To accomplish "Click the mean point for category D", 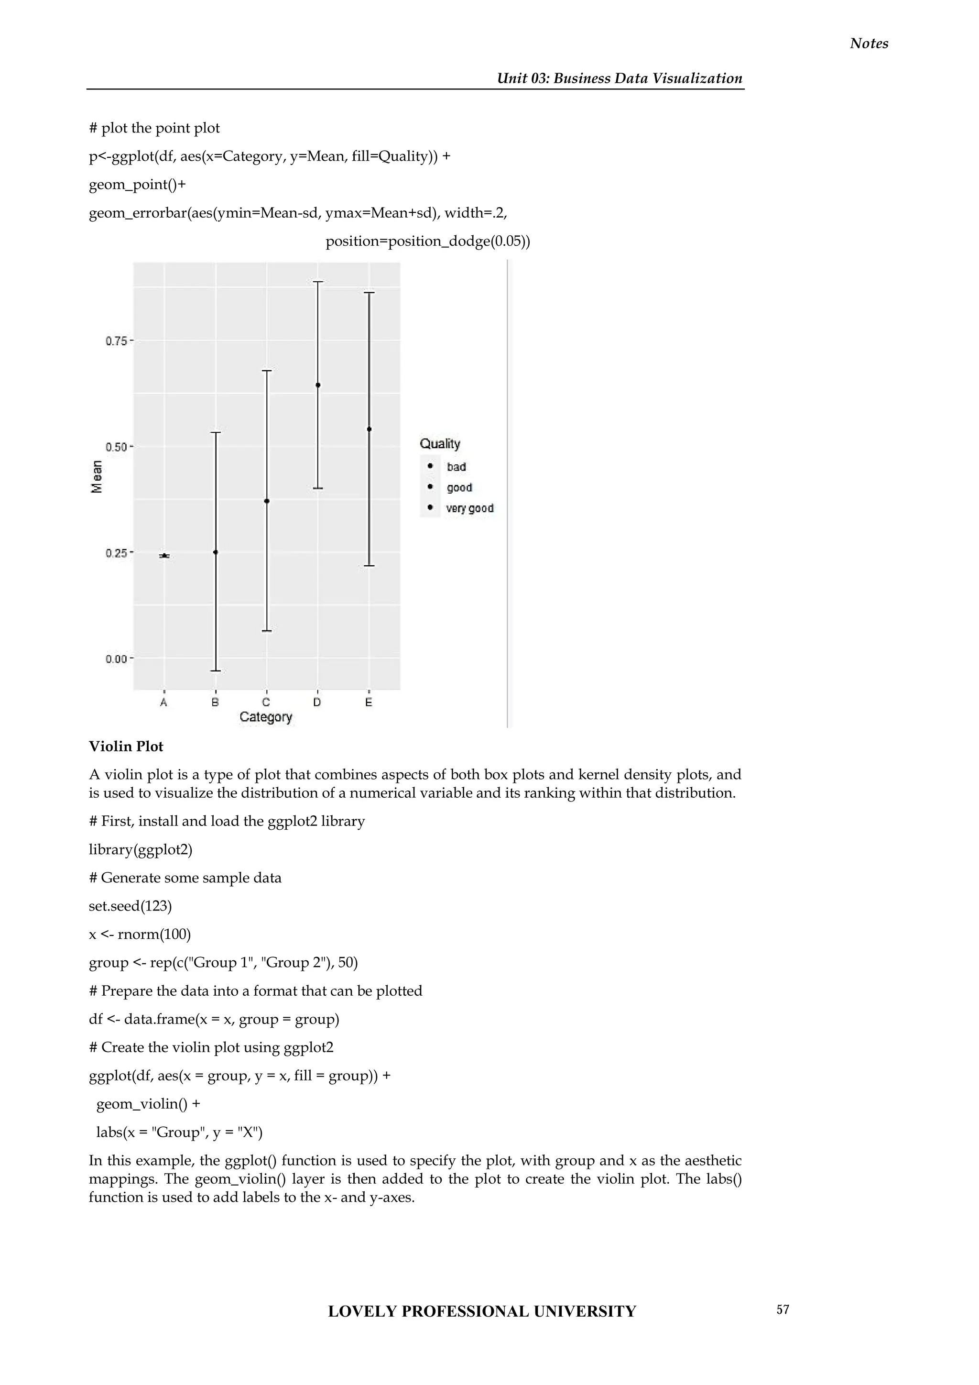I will [x=318, y=385].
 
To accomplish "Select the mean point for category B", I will [x=216, y=552].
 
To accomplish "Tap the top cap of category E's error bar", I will [x=370, y=293].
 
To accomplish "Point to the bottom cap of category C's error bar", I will [x=267, y=631].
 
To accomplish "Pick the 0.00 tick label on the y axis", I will [x=116, y=659].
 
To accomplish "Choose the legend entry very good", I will [x=469, y=508].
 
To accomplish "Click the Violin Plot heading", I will [x=126, y=746].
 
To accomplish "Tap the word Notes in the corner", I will [x=869, y=44].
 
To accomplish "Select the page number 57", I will [x=783, y=1309].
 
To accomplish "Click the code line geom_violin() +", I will [x=148, y=1104].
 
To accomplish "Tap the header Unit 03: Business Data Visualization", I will [x=619, y=78].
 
